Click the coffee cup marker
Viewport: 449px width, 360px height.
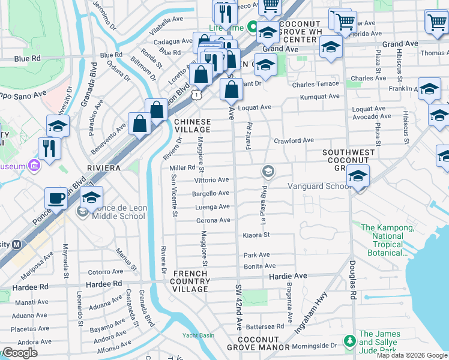56,197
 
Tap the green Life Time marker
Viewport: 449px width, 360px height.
253,27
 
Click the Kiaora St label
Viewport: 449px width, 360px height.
256,235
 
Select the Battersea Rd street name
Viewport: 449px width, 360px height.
264,326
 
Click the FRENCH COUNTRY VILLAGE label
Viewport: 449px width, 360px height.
191,281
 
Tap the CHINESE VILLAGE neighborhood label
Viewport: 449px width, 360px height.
193,125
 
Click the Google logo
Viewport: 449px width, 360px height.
19,353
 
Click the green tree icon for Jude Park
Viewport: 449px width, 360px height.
349,341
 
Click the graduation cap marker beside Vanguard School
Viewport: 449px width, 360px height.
358,177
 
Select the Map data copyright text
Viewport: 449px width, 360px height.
411,355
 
